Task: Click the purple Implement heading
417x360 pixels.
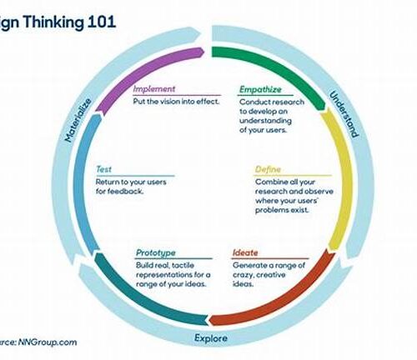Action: pyautogui.click(x=154, y=89)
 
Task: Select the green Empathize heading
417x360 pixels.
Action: pyautogui.click(x=260, y=89)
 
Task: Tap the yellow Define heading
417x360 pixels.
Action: pyautogui.click(x=268, y=169)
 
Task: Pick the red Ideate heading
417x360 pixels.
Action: pyautogui.click(x=245, y=252)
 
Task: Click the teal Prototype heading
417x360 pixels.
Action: pyautogui.click(x=156, y=253)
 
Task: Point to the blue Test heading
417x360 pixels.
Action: pyautogui.click(x=103, y=169)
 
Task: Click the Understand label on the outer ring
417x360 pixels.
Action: pyautogui.click(x=344, y=114)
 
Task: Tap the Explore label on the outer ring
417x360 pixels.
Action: pyautogui.click(x=211, y=338)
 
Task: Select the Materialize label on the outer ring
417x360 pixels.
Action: pyautogui.click(x=78, y=120)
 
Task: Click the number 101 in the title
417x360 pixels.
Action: pyautogui.click(x=102, y=22)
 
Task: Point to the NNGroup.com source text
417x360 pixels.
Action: pyautogui.click(x=48, y=342)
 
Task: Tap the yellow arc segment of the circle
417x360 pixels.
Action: pyautogui.click(x=344, y=177)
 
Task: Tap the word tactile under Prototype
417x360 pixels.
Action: pyautogui.click(x=183, y=265)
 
